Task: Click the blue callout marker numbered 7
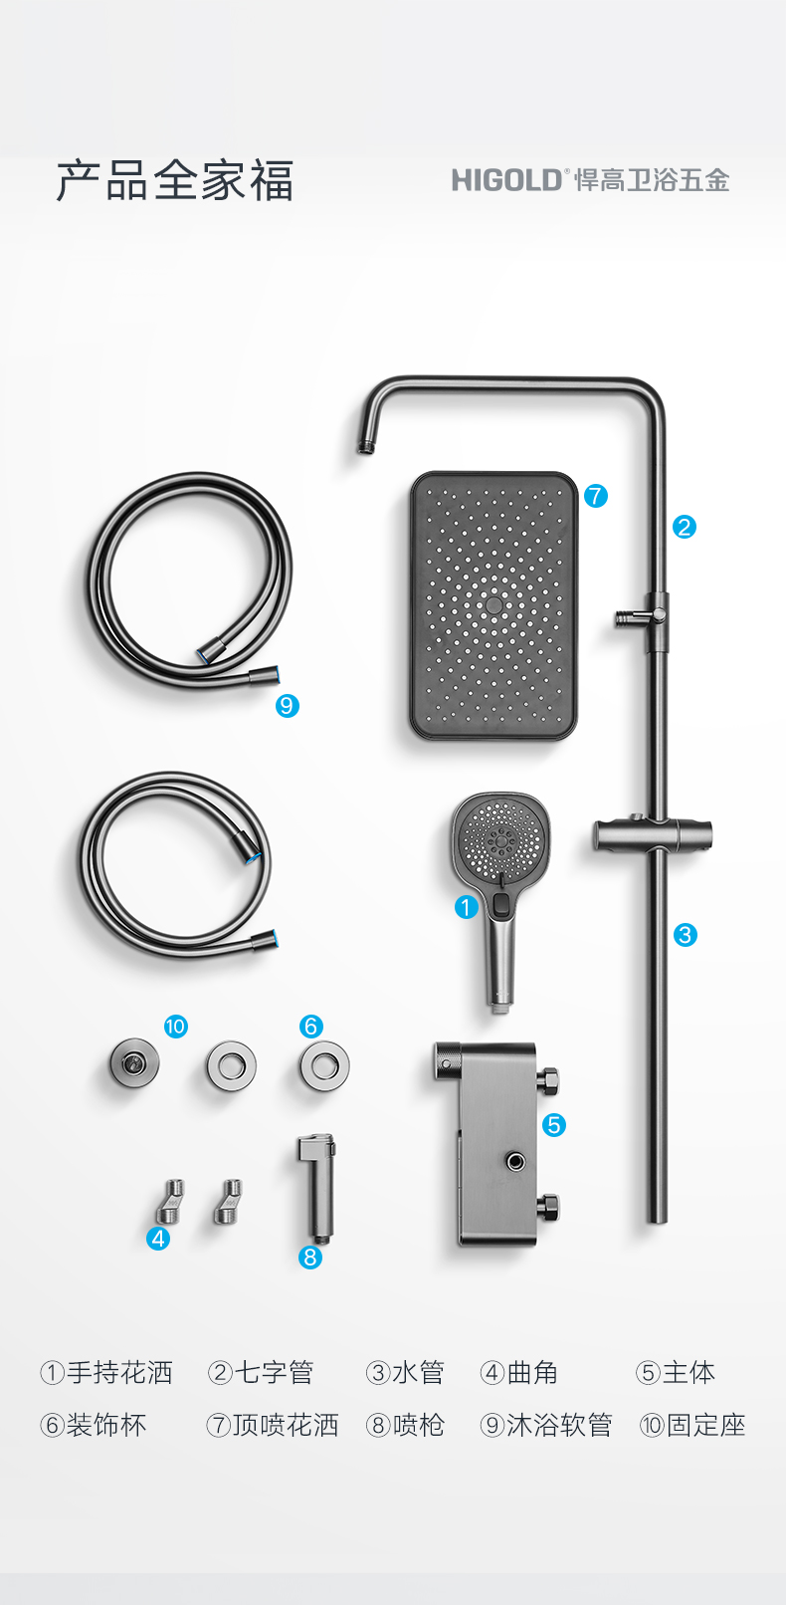click(x=596, y=496)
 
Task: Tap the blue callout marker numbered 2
click(x=685, y=528)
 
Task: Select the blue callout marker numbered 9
click(x=288, y=707)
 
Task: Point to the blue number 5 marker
click(x=553, y=1125)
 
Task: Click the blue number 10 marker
click(x=175, y=1027)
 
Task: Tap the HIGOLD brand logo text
click(x=506, y=180)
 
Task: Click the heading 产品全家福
click(x=175, y=180)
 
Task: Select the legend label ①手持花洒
click(x=105, y=1373)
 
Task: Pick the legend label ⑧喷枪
click(x=405, y=1425)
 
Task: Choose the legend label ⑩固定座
click(x=692, y=1425)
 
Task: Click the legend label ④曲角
click(x=519, y=1373)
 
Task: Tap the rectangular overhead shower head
click(x=493, y=605)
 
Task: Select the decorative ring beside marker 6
click(x=325, y=1065)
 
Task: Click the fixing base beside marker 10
click(x=134, y=1063)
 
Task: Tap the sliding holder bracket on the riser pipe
click(x=652, y=835)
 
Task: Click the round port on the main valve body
click(x=515, y=1162)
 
